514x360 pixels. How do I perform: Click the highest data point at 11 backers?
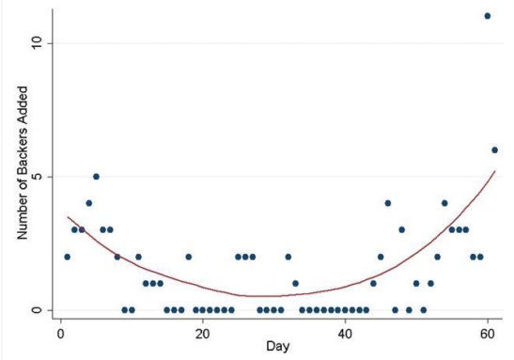[487, 16]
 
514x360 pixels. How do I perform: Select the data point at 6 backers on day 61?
[494, 149]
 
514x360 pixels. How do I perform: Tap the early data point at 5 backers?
[96, 176]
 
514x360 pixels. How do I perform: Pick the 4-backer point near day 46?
[387, 203]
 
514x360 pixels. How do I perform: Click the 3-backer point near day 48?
[401, 229]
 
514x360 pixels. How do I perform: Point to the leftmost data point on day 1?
[67, 257]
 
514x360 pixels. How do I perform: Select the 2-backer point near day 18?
[188, 257]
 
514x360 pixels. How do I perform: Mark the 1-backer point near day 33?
[295, 283]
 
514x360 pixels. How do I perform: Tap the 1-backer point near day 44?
[373, 283]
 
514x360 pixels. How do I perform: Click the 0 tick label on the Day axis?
[60, 332]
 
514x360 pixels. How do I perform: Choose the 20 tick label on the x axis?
[202, 332]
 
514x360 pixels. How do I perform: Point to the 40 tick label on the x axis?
[345, 332]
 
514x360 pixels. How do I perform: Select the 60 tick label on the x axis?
[487, 332]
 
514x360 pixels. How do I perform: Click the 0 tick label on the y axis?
[35, 310]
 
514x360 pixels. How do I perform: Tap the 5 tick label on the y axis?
[35, 177]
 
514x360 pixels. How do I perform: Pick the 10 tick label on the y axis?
[35, 43]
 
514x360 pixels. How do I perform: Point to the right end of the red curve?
[495, 170]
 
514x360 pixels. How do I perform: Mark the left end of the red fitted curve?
[67, 217]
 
